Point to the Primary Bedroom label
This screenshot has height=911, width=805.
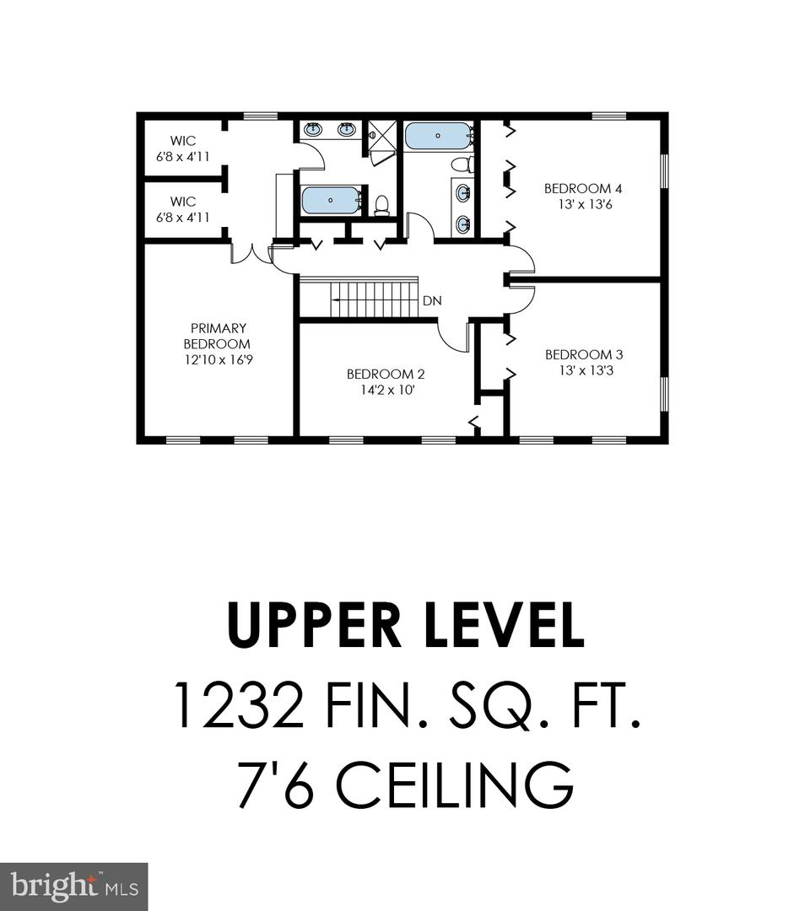(x=218, y=336)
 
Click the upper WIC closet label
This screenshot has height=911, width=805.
(x=183, y=141)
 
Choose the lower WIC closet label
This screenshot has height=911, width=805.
(x=183, y=202)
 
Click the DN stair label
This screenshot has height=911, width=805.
(x=432, y=301)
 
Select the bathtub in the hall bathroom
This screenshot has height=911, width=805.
(x=437, y=136)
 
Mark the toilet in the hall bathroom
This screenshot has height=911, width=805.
(x=461, y=164)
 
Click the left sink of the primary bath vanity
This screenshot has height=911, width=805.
(x=313, y=129)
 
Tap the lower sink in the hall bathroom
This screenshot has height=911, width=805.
(x=463, y=224)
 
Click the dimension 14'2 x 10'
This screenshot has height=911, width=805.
(x=387, y=390)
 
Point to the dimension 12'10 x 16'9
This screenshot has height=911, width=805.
(x=219, y=359)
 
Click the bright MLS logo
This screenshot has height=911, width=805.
(x=73, y=887)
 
